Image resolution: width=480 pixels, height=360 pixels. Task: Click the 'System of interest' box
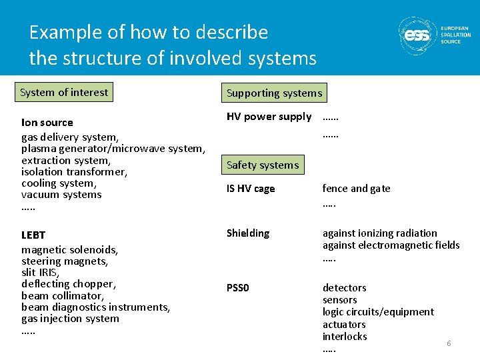click(63, 93)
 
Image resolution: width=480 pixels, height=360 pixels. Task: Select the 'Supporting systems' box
click(274, 93)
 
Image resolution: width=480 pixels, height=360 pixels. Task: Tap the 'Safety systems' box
click(263, 165)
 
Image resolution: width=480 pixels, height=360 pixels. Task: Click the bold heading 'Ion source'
click(47, 123)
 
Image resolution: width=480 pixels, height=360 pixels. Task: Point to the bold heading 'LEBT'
click(33, 235)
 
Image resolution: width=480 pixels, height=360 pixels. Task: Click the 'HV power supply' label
click(269, 117)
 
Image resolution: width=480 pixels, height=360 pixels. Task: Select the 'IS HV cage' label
click(251, 189)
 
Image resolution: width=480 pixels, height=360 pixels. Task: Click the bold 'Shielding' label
click(248, 233)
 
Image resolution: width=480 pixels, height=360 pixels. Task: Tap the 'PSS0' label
click(237, 288)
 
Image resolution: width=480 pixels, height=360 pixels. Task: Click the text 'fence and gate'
click(356, 189)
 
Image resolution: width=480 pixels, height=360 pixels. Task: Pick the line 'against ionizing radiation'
click(379, 233)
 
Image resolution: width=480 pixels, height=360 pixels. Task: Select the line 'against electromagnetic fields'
click(391, 245)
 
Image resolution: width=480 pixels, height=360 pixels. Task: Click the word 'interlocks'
click(345, 337)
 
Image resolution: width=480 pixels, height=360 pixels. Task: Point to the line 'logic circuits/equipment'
click(377, 312)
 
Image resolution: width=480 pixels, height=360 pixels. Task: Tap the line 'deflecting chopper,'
click(68, 284)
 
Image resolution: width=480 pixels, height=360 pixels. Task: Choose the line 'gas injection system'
click(70, 319)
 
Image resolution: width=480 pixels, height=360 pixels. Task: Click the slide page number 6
click(449, 343)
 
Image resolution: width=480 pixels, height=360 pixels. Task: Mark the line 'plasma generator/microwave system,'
click(113, 149)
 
